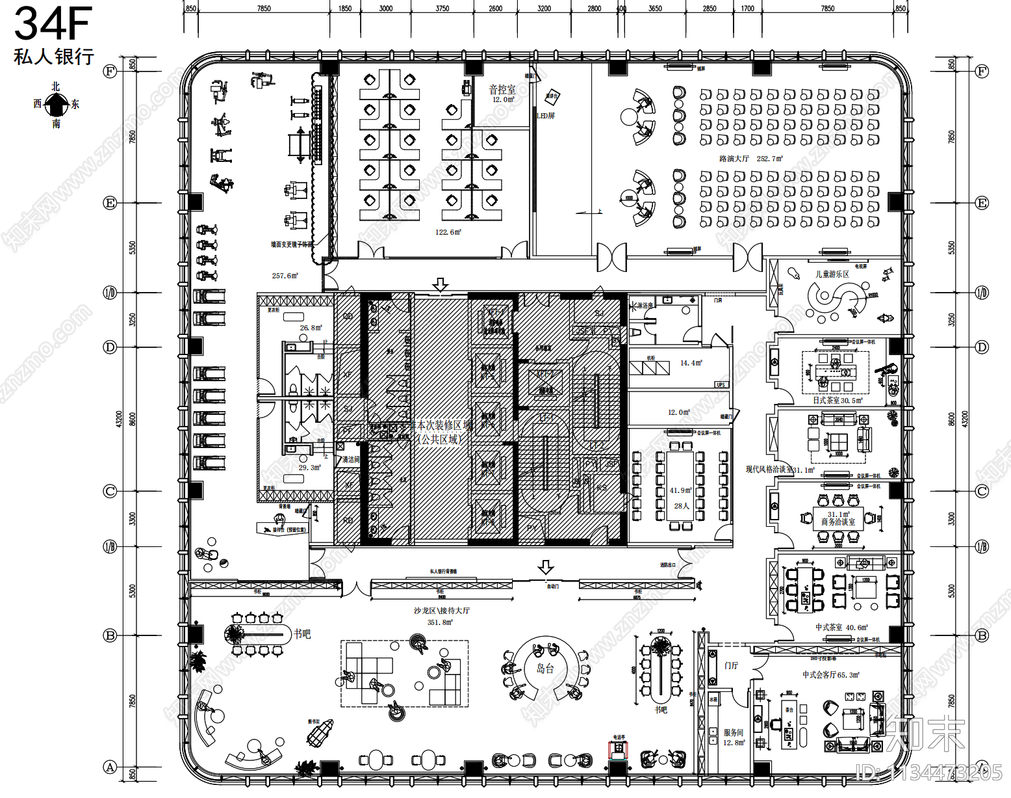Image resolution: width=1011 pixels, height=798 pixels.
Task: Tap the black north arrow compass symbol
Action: [x=57, y=104]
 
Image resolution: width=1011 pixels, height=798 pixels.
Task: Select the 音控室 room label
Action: [x=502, y=90]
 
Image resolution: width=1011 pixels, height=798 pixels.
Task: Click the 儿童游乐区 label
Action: [x=832, y=274]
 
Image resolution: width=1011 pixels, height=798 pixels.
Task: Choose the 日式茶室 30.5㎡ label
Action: [x=838, y=401]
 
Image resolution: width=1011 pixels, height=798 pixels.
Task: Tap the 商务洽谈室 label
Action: [x=838, y=522]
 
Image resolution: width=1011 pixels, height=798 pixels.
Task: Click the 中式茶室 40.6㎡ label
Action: [x=841, y=628]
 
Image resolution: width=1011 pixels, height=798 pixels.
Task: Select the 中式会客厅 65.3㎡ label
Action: [x=830, y=675]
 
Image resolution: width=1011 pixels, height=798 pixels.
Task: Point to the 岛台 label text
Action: [x=544, y=669]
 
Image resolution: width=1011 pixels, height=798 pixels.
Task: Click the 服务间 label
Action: [x=733, y=732]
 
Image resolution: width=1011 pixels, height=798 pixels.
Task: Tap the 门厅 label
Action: [x=732, y=665]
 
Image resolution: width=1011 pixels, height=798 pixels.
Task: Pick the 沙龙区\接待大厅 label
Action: [x=442, y=611]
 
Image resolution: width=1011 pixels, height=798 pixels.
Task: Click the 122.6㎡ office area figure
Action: [x=448, y=232]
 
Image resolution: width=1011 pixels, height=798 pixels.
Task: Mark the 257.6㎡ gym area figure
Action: [x=285, y=276]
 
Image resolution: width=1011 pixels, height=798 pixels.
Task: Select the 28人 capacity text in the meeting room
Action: [x=681, y=506]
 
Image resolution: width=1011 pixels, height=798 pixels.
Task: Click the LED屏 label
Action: [x=546, y=116]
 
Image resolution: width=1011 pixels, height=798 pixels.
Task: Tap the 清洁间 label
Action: [x=351, y=460]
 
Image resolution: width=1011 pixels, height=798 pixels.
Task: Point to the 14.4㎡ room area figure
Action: [x=691, y=363]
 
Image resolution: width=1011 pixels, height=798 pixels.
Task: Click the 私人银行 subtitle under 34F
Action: [x=53, y=57]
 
